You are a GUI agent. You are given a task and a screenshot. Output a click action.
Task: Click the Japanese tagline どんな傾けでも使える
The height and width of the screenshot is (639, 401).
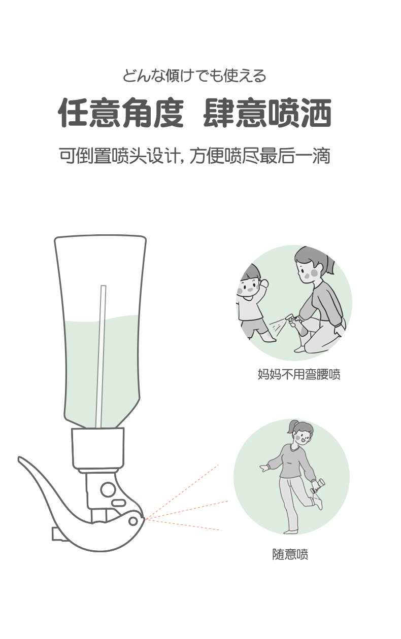click(x=194, y=76)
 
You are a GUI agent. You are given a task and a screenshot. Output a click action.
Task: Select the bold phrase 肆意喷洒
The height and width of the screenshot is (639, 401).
click(x=267, y=113)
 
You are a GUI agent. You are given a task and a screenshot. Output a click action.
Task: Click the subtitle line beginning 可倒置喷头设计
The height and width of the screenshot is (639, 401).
click(x=194, y=156)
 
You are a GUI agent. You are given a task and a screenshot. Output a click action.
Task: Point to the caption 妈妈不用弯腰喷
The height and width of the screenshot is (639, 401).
click(x=299, y=374)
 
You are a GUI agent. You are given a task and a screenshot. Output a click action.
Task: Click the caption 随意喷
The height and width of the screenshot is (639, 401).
click(x=290, y=554)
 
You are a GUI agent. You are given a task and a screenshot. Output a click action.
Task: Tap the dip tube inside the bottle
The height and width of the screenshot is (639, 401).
click(x=101, y=357)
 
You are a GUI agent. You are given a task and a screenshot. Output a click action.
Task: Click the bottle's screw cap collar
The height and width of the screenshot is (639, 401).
click(x=97, y=448)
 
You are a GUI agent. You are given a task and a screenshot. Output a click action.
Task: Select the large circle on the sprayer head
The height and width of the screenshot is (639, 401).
click(x=108, y=489)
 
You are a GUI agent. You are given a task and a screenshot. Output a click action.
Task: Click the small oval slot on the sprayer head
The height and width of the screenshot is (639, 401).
click(x=118, y=503)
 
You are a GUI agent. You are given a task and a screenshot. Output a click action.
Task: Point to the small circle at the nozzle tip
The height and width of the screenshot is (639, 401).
click(x=133, y=521)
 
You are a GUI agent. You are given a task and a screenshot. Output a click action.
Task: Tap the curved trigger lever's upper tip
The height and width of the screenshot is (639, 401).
click(x=19, y=458)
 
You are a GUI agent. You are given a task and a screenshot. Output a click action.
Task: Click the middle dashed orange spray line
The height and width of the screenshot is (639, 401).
click(x=186, y=510)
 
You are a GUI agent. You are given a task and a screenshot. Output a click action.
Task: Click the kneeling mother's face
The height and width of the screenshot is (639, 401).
click(x=307, y=270)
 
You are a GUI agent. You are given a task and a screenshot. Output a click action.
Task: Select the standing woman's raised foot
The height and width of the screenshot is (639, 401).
click(x=318, y=503)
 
